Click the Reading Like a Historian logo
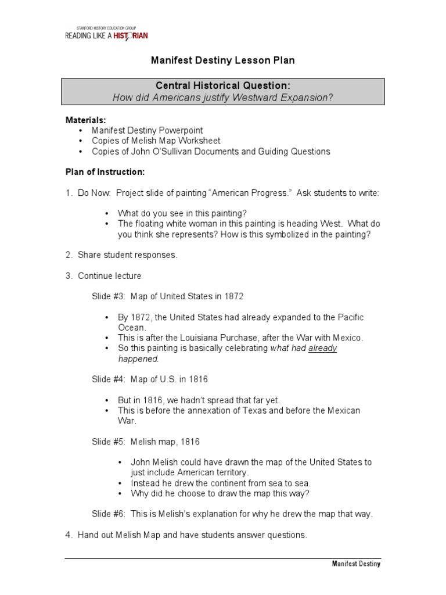[x=106, y=33]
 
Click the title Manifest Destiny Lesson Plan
[x=223, y=60]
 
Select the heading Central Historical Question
[x=224, y=86]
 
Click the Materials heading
[x=85, y=120]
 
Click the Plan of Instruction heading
[x=105, y=173]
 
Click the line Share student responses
[x=127, y=255]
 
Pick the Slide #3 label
[x=109, y=296]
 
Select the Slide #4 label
[x=109, y=379]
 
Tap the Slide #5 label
[x=109, y=441]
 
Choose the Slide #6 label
[x=109, y=514]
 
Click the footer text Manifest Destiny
[x=356, y=564]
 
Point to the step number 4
[x=68, y=535]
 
